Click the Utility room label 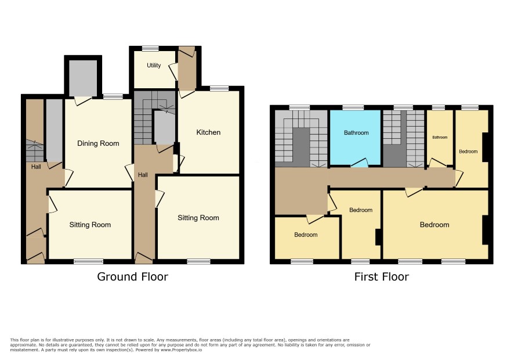[154, 65]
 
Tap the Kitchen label [208, 132]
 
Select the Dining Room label [98, 143]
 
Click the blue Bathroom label [356, 132]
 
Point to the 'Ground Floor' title [132, 276]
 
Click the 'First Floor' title [382, 276]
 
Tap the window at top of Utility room [150, 48]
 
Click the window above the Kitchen [219, 88]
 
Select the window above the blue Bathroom [353, 107]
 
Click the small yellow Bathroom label [440, 138]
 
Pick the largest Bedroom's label [435, 225]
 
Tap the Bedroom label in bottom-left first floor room [306, 235]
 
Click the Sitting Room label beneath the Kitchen [198, 218]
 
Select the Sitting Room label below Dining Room [90, 225]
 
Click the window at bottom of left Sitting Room [89, 261]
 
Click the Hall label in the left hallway [36, 167]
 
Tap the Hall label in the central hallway [143, 175]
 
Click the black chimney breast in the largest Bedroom [485, 230]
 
